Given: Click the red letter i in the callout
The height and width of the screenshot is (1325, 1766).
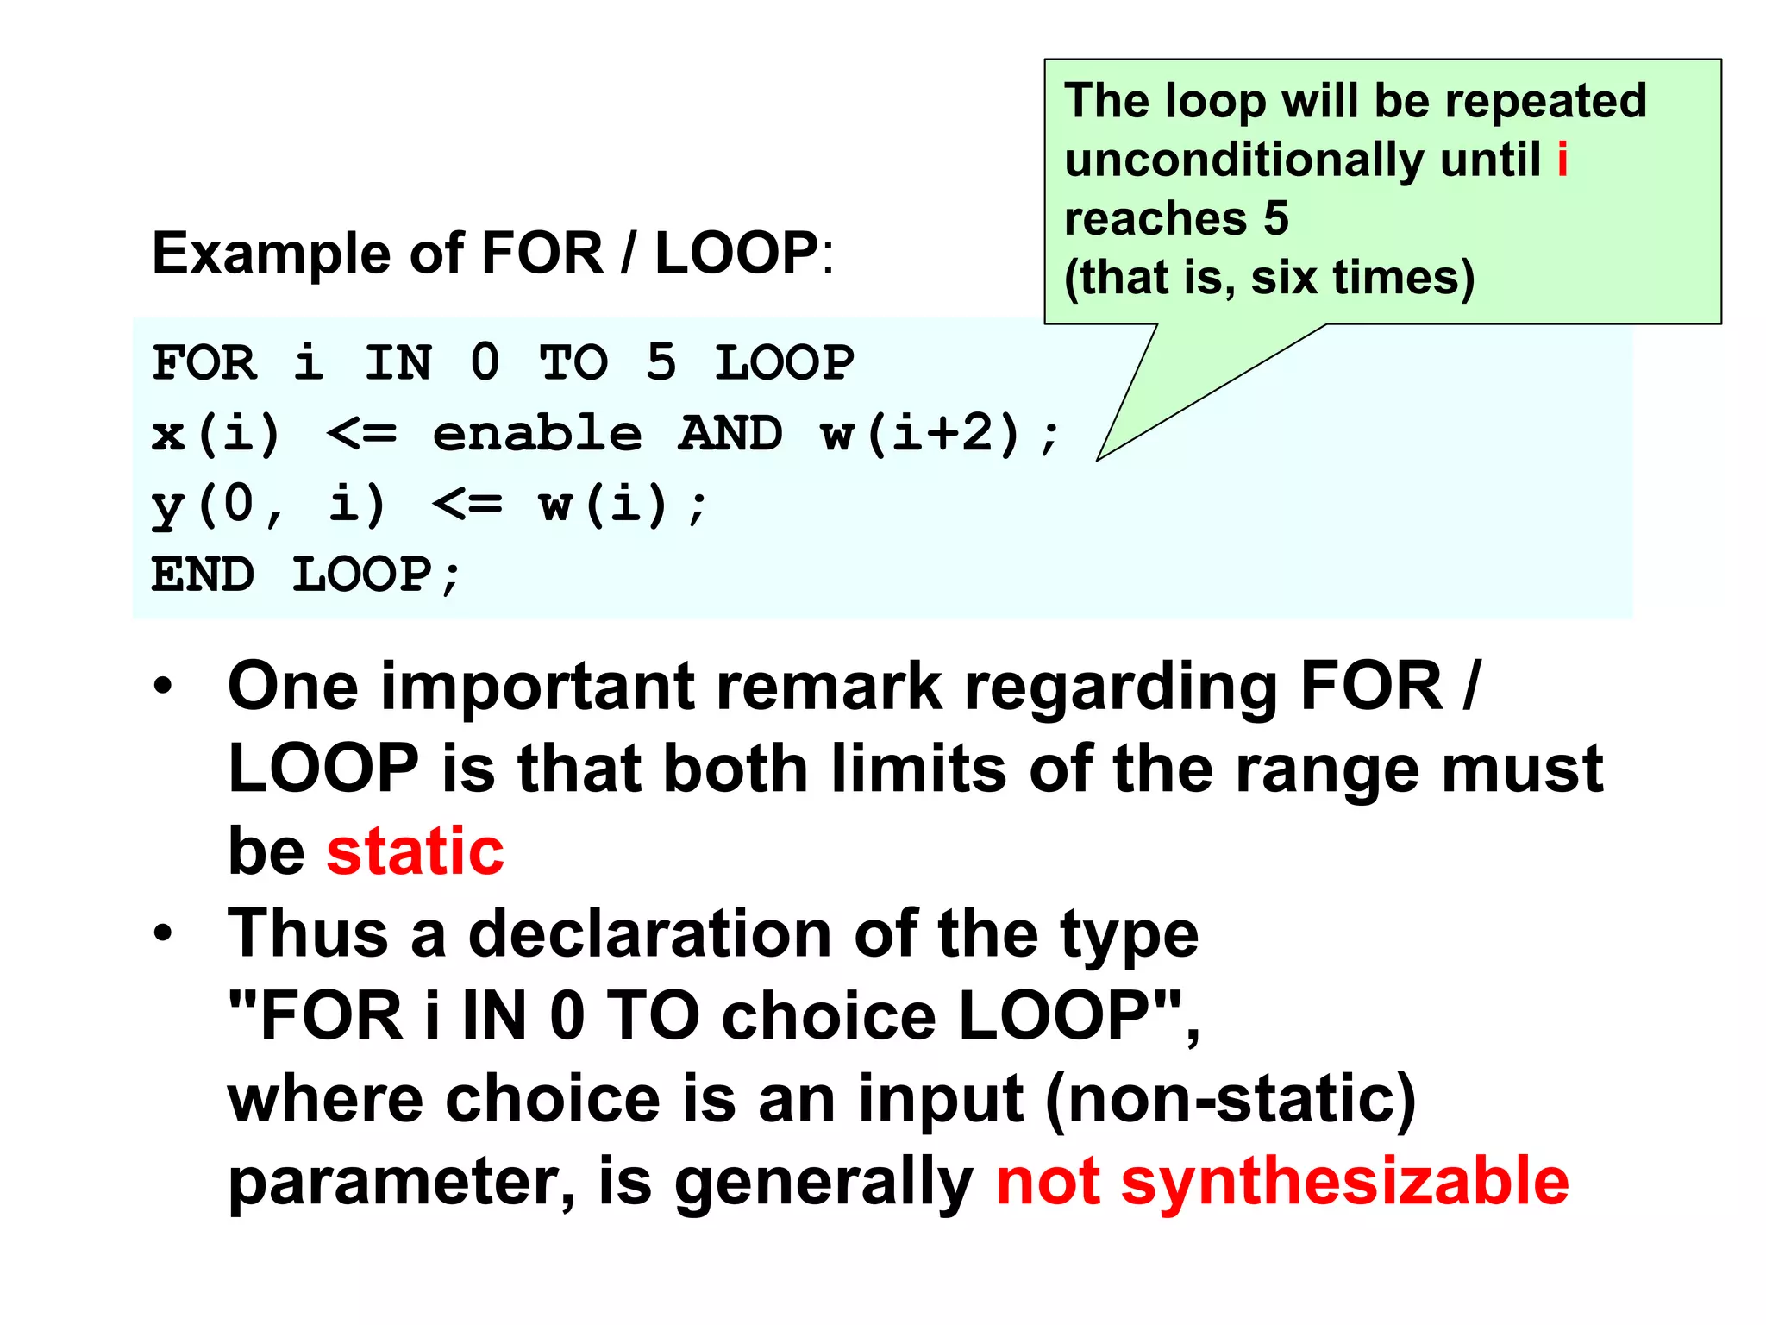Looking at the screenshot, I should point(1562,160).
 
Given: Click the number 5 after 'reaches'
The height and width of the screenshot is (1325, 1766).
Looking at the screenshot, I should point(1276,219).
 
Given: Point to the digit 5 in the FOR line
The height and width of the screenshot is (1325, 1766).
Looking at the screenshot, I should point(661,362).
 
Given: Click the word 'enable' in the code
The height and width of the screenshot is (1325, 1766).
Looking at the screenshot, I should point(537,433).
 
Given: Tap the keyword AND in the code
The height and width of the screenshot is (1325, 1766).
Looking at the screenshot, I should point(731,433).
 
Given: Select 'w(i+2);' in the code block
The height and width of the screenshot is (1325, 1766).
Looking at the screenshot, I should point(940,434).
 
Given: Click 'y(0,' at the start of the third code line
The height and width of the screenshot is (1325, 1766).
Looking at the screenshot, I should point(216,505).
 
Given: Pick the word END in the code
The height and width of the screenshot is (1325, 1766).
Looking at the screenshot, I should point(204,575).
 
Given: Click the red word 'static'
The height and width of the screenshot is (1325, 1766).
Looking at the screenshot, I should point(415,852).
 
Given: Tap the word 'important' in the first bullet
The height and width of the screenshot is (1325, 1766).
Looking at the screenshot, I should point(538,687).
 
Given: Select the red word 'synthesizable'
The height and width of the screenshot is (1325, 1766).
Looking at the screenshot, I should point(1344,1182).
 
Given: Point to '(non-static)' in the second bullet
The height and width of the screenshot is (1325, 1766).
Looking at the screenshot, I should point(1230,1101).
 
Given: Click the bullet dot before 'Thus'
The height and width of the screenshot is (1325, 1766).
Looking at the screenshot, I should point(163,934).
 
